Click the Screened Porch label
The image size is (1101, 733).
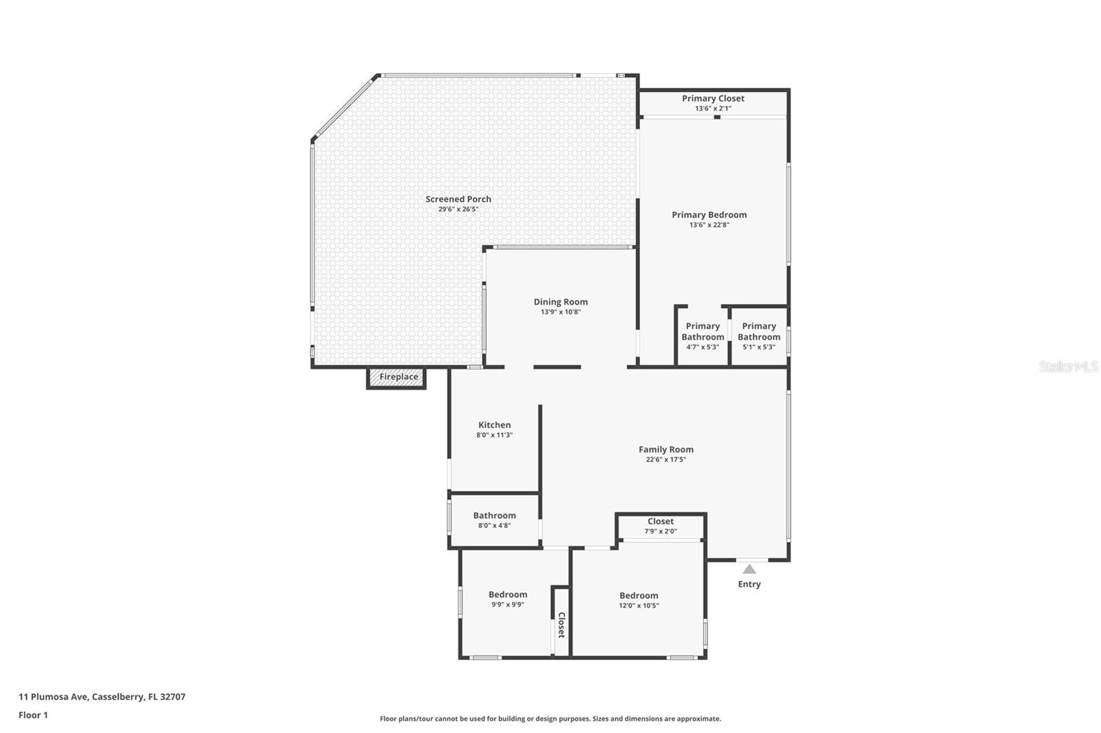pyautogui.click(x=458, y=199)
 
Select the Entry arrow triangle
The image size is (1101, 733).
pyautogui.click(x=749, y=569)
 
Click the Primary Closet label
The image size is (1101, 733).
pyautogui.click(x=713, y=98)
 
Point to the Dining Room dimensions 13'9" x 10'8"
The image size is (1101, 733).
pyautogui.click(x=561, y=312)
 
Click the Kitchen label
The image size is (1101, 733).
pyautogui.click(x=494, y=425)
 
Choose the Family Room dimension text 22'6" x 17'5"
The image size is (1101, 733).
pyautogui.click(x=665, y=459)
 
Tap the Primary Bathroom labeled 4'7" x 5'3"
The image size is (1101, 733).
pyautogui.click(x=703, y=336)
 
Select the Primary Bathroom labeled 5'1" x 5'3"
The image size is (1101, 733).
pyautogui.click(x=759, y=336)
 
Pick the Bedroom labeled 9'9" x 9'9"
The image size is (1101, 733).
pyautogui.click(x=508, y=599)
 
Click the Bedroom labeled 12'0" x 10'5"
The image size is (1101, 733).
pyautogui.click(x=639, y=600)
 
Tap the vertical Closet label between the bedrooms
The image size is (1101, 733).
pyautogui.click(x=561, y=625)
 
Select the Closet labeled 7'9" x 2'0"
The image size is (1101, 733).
pyautogui.click(x=661, y=525)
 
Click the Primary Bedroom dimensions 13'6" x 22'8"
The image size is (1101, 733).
pyautogui.click(x=709, y=225)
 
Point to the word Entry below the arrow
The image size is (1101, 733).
pyautogui.click(x=749, y=584)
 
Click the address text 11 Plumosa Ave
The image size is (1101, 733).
pyautogui.click(x=102, y=696)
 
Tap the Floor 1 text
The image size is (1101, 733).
pyautogui.click(x=33, y=715)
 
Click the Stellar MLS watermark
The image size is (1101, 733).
pyautogui.click(x=1068, y=366)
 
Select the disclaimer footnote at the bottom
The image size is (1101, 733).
pyautogui.click(x=550, y=719)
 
